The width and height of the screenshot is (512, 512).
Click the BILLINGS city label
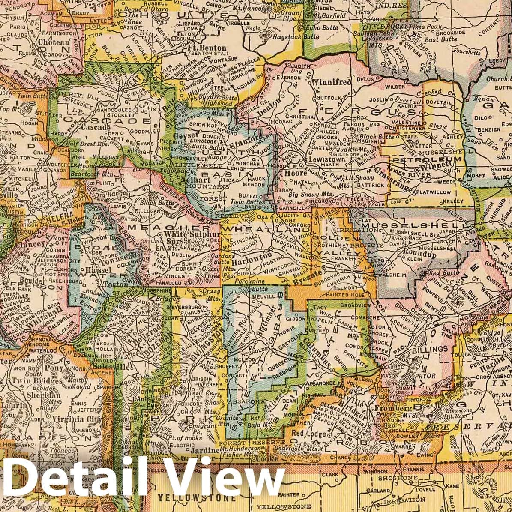[x=423, y=350]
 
